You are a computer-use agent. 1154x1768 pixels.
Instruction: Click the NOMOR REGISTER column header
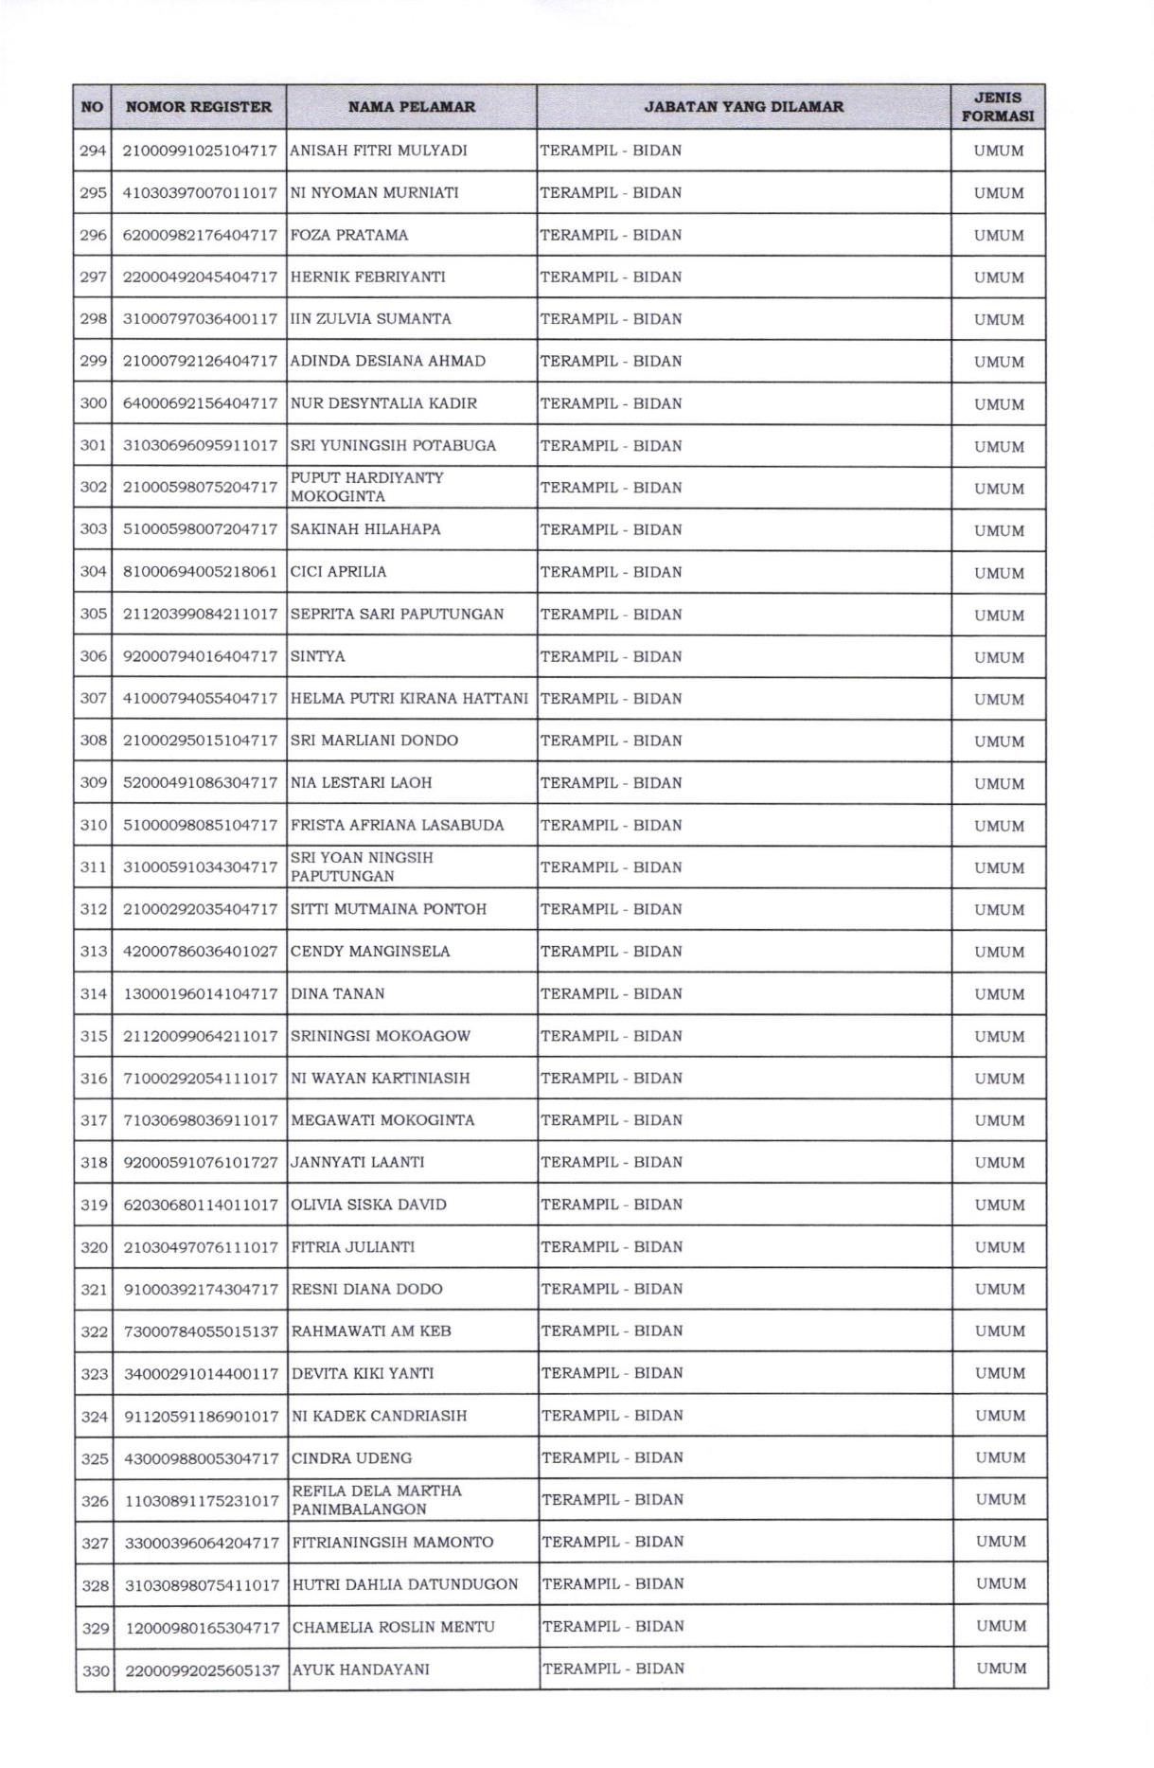click(199, 107)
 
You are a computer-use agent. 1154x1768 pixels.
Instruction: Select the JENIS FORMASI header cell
click(998, 107)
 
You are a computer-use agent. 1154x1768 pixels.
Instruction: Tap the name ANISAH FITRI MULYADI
click(379, 151)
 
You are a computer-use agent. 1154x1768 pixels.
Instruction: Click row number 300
click(93, 403)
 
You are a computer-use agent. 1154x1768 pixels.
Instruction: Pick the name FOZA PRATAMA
click(349, 235)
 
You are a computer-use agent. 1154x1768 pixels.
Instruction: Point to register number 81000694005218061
click(200, 572)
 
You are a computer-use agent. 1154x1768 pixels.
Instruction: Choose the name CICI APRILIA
click(338, 572)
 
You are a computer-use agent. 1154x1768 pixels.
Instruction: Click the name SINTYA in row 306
click(318, 656)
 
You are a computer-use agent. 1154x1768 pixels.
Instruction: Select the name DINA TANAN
click(338, 993)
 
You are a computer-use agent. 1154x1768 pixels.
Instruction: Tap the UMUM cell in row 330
click(1002, 1669)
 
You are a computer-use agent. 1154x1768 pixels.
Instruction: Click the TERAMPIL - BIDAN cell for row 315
click(612, 1036)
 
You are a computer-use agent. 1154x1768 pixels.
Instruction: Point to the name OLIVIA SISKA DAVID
click(369, 1205)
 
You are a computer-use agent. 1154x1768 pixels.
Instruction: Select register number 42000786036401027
click(201, 952)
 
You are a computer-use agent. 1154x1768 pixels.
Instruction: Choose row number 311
click(93, 867)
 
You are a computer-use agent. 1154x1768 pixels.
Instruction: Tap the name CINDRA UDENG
click(352, 1458)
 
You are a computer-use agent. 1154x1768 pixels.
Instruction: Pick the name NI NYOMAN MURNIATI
click(375, 193)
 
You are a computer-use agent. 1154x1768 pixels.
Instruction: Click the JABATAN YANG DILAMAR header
click(743, 107)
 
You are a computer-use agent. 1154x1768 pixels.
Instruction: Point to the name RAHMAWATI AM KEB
click(371, 1331)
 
